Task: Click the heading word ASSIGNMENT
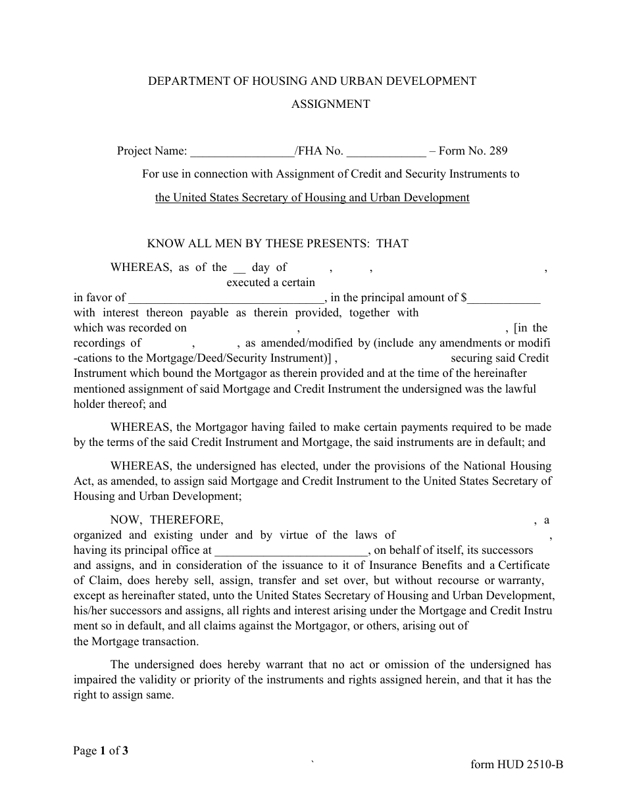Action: click(330, 104)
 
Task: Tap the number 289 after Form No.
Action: click(498, 151)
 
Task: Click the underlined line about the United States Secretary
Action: click(312, 197)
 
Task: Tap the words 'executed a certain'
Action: click(270, 282)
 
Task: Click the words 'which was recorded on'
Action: click(130, 328)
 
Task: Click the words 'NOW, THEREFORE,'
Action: click(166, 520)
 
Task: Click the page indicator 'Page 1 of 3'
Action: click(101, 750)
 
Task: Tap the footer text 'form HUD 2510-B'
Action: click(517, 764)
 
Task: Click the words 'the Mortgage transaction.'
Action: click(136, 641)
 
